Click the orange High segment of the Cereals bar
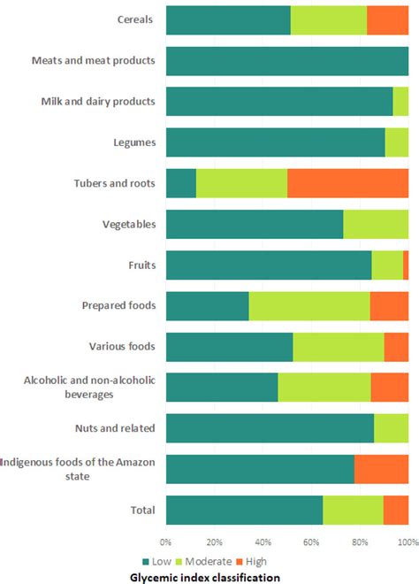pyautogui.click(x=387, y=19)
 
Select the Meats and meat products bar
pyautogui.click(x=286, y=60)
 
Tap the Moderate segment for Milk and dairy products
pyautogui.click(x=400, y=101)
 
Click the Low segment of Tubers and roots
pyautogui.click(x=180, y=183)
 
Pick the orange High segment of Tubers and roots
pyautogui.click(x=347, y=183)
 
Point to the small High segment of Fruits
pyautogui.click(x=406, y=265)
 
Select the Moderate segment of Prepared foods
pyautogui.click(x=309, y=305)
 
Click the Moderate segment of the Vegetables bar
pyautogui.click(x=376, y=224)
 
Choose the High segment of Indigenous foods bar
pyautogui.click(x=381, y=469)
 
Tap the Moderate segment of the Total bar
pyautogui.click(x=353, y=510)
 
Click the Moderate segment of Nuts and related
pyautogui.click(x=391, y=428)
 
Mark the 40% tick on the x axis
pyautogui.click(x=263, y=542)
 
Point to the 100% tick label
pyautogui.click(x=407, y=542)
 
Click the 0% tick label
pyautogui.click(x=166, y=542)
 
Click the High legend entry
pyautogui.click(x=250, y=561)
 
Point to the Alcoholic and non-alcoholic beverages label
pyautogui.click(x=89, y=387)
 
